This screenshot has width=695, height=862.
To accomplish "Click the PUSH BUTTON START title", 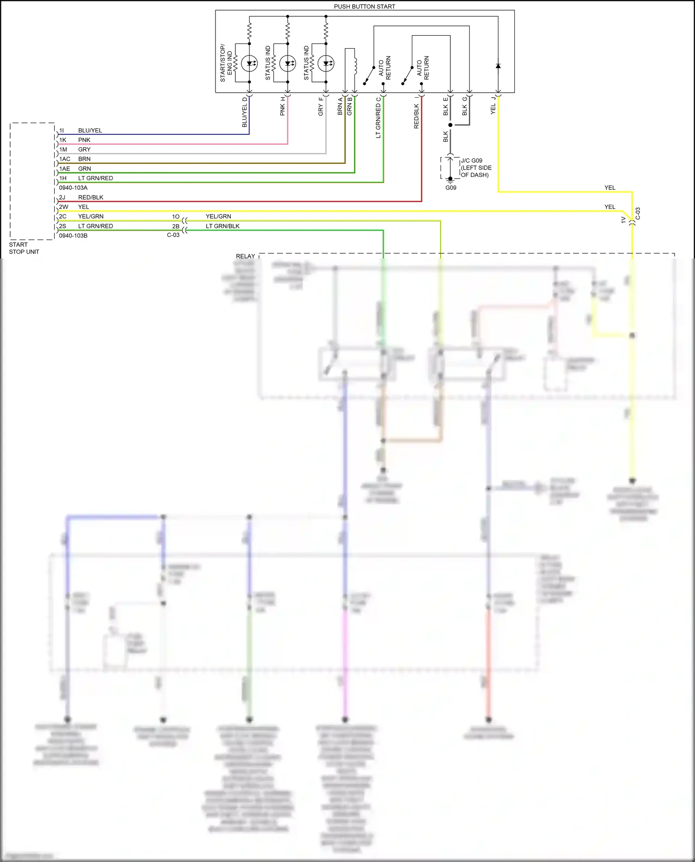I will pos(364,6).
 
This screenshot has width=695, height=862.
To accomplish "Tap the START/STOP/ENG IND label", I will pos(226,63).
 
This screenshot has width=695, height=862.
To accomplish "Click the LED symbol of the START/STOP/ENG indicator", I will pos(249,63).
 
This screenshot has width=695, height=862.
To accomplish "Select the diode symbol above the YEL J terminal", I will pos(498,66).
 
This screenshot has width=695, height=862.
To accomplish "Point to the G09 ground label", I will pos(451,188).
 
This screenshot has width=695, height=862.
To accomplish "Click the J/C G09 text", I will pos(471,161).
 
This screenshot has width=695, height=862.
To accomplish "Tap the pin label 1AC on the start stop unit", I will pos(65,159).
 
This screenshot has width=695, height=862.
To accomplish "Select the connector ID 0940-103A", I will pos(73,188).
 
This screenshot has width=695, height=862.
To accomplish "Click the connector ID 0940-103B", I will pos(73,236).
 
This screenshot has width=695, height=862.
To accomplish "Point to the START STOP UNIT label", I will pos(24,248).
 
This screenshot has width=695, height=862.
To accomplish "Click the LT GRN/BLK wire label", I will pos(222,226).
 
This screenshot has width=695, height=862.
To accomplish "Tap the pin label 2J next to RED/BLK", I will pos(62,197).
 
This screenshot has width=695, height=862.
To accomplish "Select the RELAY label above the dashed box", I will pos(245,256).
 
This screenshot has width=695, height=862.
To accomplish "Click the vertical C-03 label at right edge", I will pos(638,214).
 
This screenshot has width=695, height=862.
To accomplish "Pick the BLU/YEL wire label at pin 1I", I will pos(90,131).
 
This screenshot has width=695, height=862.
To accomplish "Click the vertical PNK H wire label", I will pos(283,107).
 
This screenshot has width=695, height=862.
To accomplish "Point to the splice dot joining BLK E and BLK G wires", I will pos(450,125).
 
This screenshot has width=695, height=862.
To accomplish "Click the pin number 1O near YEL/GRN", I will pos(176,216).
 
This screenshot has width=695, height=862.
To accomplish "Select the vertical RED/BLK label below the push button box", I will pos(416,116).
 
